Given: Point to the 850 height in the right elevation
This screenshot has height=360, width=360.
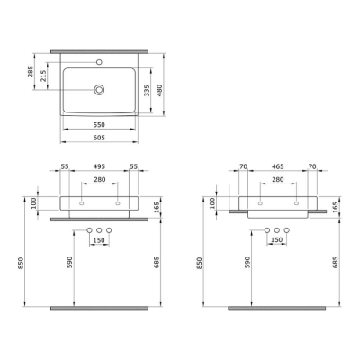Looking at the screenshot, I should pyautogui.click(x=199, y=264).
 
